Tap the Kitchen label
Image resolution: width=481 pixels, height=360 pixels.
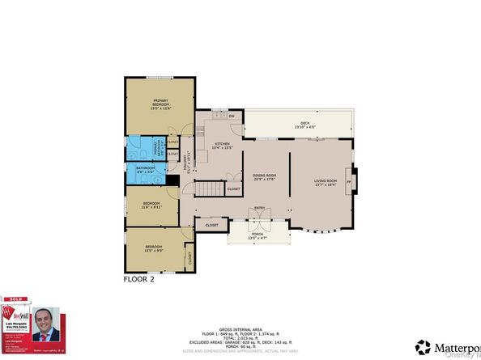click(x=223, y=143)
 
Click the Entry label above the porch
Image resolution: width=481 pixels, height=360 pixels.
click(x=260, y=208)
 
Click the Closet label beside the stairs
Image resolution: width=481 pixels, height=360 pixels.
click(x=233, y=188)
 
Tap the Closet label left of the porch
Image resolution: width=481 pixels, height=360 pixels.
click(x=211, y=225)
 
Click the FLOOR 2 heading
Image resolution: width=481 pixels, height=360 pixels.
click(x=138, y=280)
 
